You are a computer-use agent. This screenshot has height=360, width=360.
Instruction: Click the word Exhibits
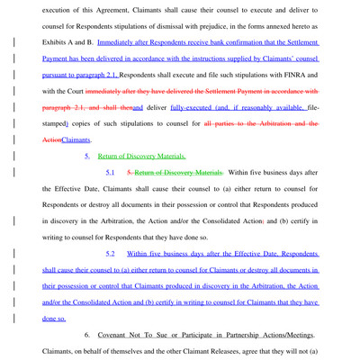tap(58, 42)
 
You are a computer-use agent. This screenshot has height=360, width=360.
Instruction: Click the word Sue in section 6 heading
tap(168, 334)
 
